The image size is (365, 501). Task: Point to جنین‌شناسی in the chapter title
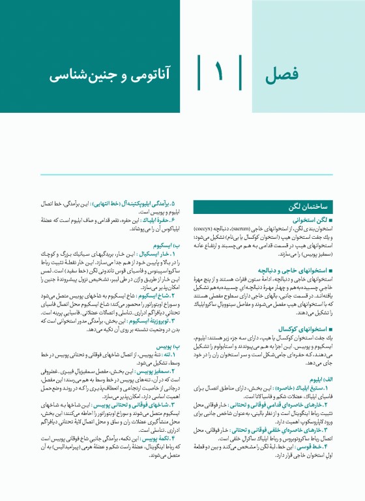click(85, 73)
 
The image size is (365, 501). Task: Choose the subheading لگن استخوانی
click(309, 221)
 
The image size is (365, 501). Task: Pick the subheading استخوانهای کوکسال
click(302, 329)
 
